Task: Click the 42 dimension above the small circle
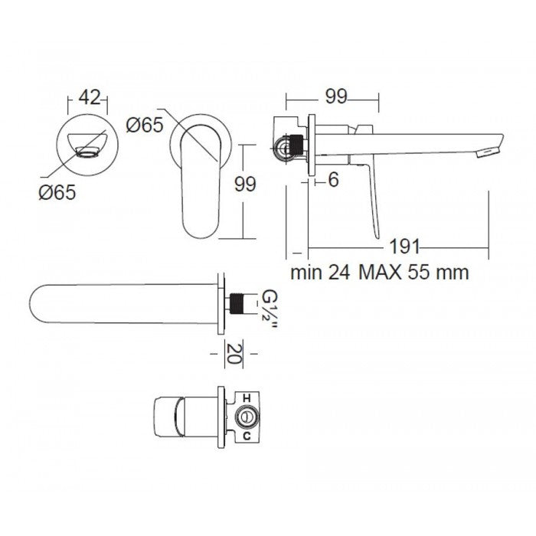click(x=90, y=97)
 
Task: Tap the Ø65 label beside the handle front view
click(x=145, y=125)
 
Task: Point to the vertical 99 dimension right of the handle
click(x=244, y=184)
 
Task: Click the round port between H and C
click(x=247, y=417)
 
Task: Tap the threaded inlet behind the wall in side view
click(x=289, y=145)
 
